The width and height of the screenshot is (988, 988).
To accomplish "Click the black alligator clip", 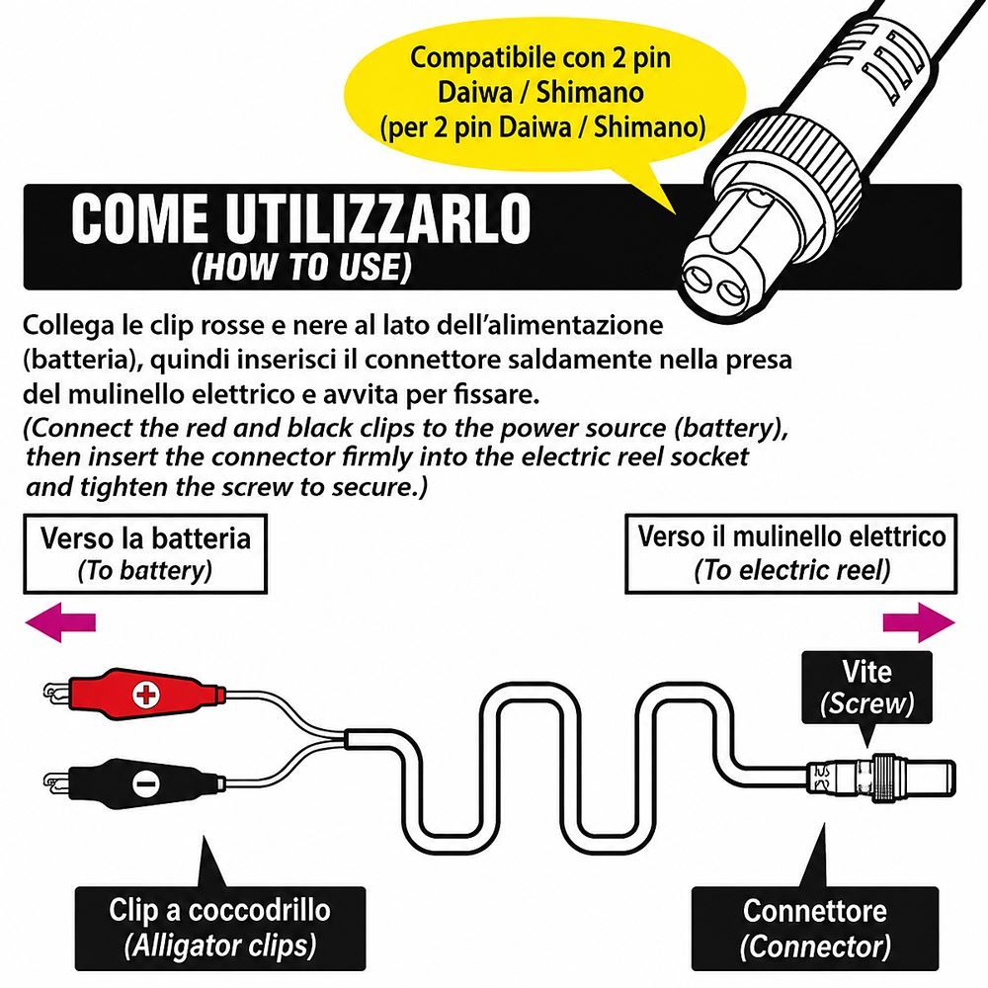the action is click(x=135, y=783).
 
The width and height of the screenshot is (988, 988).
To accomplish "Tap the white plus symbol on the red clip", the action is click(x=145, y=695).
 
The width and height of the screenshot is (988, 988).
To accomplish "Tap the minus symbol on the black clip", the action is click(x=145, y=784).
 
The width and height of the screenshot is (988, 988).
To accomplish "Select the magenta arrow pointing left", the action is click(x=60, y=622).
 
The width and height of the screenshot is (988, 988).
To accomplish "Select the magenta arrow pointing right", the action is click(x=919, y=622).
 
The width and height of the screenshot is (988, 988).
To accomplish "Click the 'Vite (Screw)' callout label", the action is click(x=867, y=688).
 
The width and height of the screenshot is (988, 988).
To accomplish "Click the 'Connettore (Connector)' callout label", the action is click(x=815, y=928).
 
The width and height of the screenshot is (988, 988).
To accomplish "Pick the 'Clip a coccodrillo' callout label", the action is click(x=220, y=928).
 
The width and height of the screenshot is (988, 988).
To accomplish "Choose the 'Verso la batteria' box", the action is click(x=145, y=554).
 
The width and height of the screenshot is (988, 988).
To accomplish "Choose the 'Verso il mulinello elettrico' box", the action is click(x=790, y=554).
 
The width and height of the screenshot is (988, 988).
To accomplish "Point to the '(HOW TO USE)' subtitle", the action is click(x=301, y=267).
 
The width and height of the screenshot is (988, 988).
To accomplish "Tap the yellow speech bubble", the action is click(x=545, y=95).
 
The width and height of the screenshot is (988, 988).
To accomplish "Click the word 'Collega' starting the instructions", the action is click(x=67, y=326).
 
